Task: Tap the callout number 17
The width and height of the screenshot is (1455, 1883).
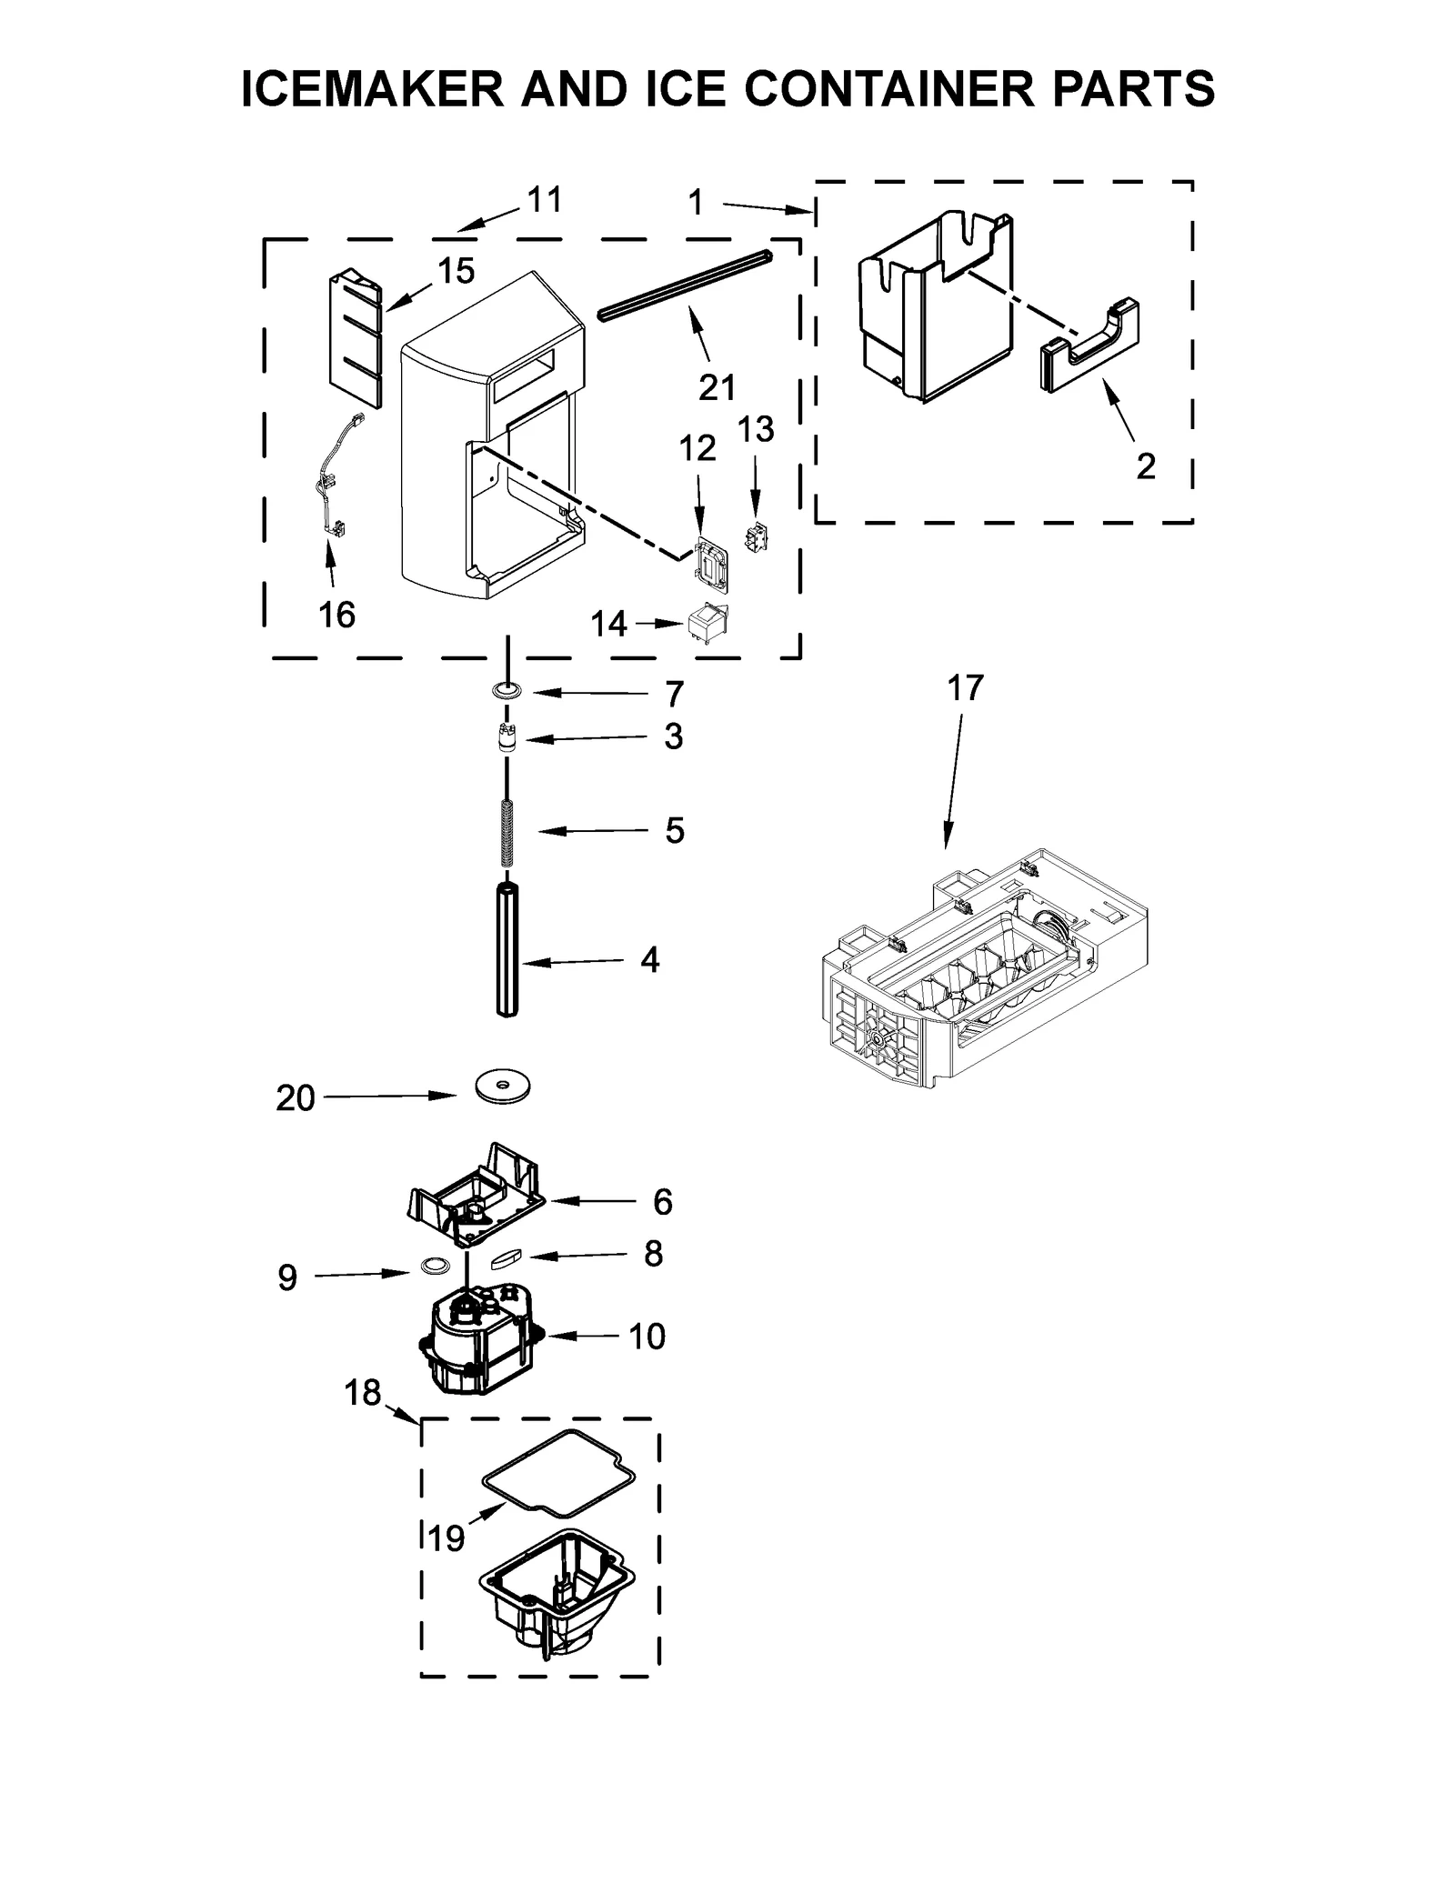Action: (965, 688)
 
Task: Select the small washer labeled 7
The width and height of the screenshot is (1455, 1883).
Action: (507, 692)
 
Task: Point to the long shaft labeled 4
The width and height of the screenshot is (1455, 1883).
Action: (507, 951)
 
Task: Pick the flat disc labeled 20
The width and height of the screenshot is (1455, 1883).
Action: (503, 1087)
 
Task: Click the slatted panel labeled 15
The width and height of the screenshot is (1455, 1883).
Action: (355, 338)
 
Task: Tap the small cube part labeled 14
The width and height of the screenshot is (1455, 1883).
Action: (710, 624)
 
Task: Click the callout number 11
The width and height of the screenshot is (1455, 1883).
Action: (545, 200)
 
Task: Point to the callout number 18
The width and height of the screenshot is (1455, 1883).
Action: (362, 1392)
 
